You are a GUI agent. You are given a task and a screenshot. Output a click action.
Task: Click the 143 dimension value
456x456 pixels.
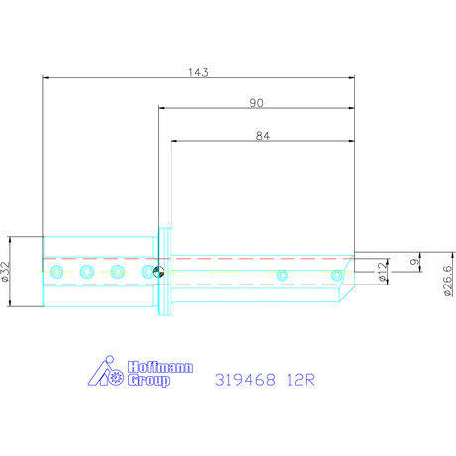197,71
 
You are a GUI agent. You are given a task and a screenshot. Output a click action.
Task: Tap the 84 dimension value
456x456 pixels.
263,137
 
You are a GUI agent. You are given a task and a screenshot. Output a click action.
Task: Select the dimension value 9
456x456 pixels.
413,263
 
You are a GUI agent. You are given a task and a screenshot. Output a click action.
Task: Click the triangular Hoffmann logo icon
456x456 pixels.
104,373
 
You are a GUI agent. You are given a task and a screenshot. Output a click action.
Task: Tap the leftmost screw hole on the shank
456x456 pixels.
57,272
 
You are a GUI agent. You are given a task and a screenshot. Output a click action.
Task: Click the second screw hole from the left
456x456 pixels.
87,272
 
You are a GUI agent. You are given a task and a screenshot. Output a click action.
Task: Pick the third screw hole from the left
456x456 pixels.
117,272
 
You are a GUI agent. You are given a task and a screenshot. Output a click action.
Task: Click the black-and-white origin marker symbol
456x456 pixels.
159,272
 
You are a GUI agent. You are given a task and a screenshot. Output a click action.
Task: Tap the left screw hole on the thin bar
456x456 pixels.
283,275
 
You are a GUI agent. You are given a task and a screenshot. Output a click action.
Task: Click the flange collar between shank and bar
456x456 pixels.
165,272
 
